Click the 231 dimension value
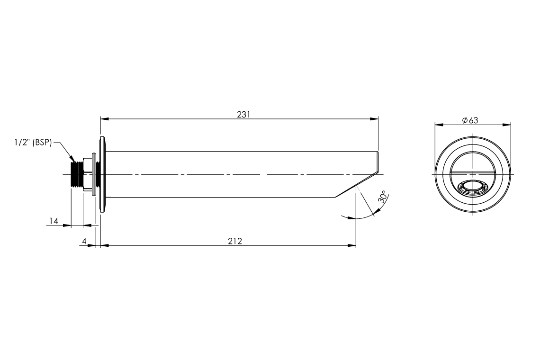pyautogui.click(x=243, y=114)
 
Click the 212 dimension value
pyautogui.click(x=234, y=241)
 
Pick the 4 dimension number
pyautogui.click(x=84, y=241)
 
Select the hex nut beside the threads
pyautogui.click(x=87, y=174)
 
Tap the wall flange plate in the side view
pyautogui.click(x=102, y=174)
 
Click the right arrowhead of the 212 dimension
pyautogui.click(x=352, y=245)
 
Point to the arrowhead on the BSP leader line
pyautogui.click(x=72, y=159)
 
